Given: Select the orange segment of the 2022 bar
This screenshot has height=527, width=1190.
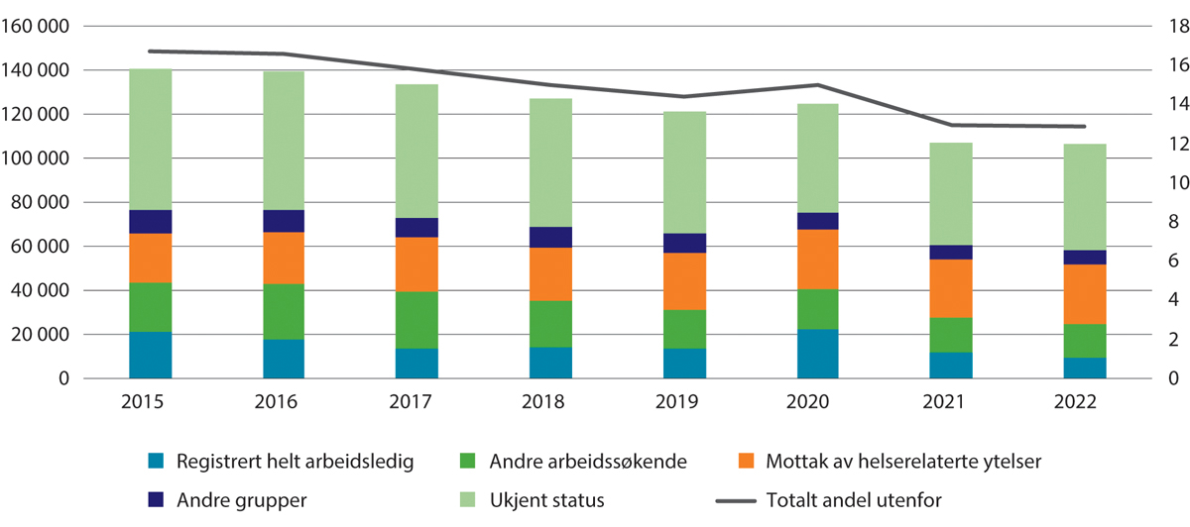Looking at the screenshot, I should (1085, 294).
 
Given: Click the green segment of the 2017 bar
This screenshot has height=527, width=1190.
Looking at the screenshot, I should (417, 320).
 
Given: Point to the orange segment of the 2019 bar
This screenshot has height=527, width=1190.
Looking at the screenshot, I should (684, 281).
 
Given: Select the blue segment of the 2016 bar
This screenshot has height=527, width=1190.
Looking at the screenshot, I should (284, 359).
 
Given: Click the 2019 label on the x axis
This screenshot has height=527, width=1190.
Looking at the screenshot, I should (684, 403).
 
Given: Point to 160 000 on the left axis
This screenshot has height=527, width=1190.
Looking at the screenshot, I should (37, 27).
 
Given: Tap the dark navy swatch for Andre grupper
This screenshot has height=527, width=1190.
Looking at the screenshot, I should (154, 499).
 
